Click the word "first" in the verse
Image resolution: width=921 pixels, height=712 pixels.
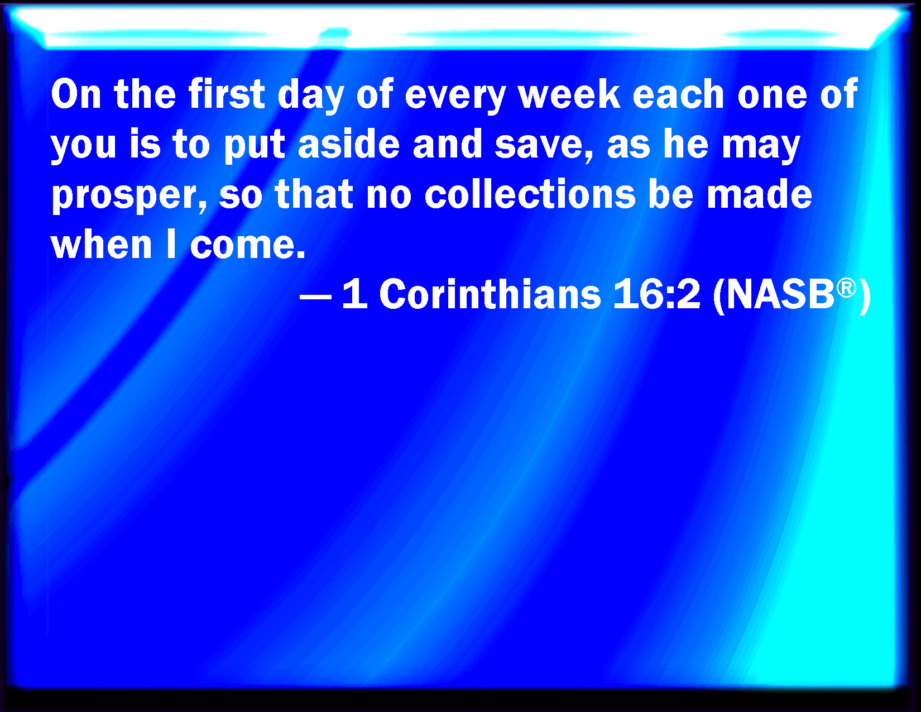pos(227,94)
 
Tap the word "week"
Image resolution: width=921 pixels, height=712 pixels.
pos(569,94)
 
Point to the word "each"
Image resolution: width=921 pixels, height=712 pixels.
pos(678,94)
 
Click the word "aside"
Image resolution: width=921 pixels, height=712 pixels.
pos(349,144)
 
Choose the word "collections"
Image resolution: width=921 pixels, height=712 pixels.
pos(530,194)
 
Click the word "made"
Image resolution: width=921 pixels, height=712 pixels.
pos(759,194)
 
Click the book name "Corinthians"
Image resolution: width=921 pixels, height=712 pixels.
pos(490,294)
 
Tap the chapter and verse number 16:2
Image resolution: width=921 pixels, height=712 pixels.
pos(656,294)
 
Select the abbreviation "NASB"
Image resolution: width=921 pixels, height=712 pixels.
pos(780,294)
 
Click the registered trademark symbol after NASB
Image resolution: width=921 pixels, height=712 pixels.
pos(846,288)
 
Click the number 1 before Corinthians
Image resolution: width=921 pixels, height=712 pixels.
pos(355,294)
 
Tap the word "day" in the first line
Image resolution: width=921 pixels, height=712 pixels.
pos(310,96)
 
